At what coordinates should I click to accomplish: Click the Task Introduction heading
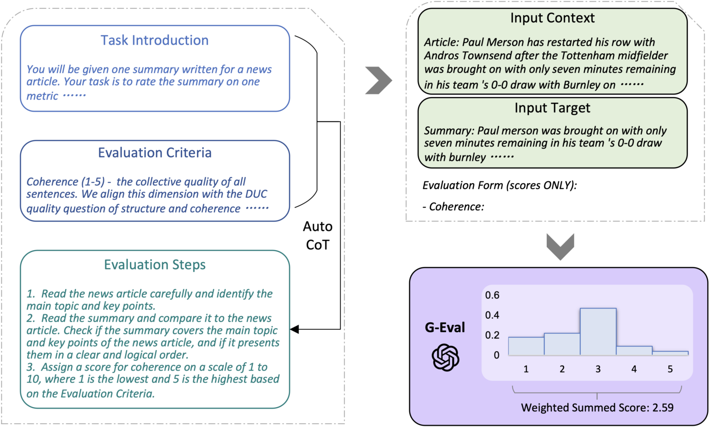point(154,41)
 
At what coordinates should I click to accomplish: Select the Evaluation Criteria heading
point(154,153)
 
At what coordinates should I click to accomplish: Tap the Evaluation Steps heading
point(154,265)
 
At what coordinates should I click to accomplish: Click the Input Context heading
point(552,19)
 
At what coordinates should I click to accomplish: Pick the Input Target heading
point(552,108)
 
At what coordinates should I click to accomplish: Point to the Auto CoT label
point(318,235)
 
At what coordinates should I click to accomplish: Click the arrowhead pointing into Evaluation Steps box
point(294,329)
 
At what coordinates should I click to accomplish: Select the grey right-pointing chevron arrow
point(378,80)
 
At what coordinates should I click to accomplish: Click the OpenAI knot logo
point(445,357)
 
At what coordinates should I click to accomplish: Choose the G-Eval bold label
point(445,328)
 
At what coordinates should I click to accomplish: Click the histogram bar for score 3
point(598,332)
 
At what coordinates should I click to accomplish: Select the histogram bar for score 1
point(526,346)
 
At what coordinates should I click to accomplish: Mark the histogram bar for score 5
point(670,353)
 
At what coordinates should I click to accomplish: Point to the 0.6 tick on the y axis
point(492,295)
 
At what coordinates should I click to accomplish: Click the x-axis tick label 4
point(634,369)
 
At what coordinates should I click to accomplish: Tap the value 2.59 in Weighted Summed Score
point(662,408)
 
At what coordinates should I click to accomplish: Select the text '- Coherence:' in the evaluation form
point(453,207)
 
